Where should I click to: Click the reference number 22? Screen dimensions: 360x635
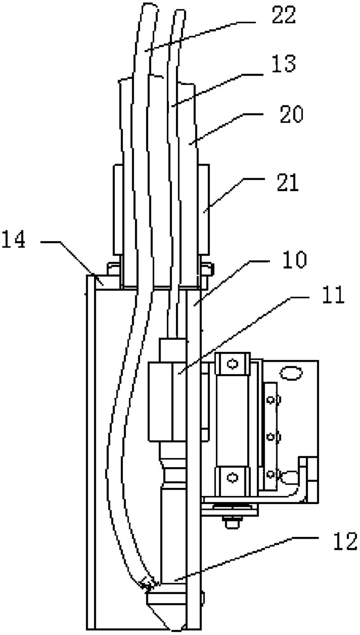pyautogui.click(x=284, y=14)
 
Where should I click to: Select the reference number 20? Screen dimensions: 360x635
pyautogui.click(x=292, y=114)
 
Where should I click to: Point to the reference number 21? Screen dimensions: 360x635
pyautogui.click(x=288, y=183)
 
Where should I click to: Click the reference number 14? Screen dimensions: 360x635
pyautogui.click(x=13, y=239)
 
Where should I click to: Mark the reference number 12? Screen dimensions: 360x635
pyautogui.click(x=345, y=541)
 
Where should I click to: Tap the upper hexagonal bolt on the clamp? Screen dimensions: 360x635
pyautogui.click(x=233, y=364)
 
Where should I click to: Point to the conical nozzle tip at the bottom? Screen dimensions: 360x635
pyautogui.click(x=167, y=618)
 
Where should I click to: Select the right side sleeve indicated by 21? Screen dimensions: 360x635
pyautogui.click(x=204, y=210)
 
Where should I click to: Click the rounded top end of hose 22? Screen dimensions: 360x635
pyautogui.click(x=150, y=9)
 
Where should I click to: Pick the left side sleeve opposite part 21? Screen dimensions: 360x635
pyautogui.click(x=118, y=210)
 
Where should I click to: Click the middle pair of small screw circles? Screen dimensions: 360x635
pyautogui.click(x=274, y=437)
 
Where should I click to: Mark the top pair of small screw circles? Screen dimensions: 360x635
pyautogui.click(x=274, y=400)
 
